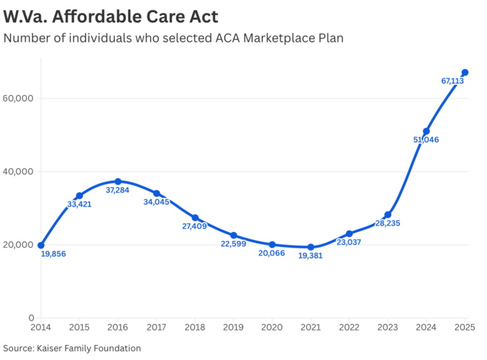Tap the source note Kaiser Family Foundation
[72, 348]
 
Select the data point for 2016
[118, 181]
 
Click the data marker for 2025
[465, 72]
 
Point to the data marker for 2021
[311, 247]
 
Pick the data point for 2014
[41, 245]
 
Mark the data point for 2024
[427, 131]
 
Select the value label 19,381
[310, 256]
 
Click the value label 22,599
[234, 245]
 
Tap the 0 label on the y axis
[32, 318]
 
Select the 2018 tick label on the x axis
[195, 328]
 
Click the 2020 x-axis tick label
[272, 328]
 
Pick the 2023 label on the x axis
[388, 328]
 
